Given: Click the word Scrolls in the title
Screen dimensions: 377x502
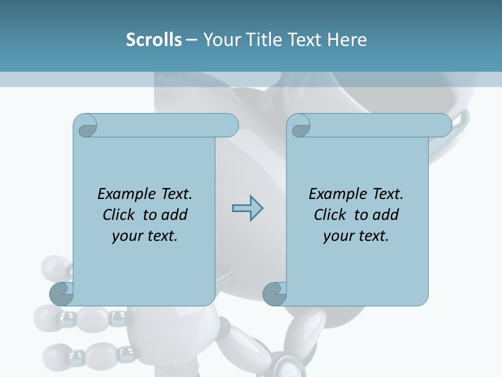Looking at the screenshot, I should pyautogui.click(x=154, y=40).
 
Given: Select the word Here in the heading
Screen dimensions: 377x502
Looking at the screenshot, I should pyautogui.click(x=347, y=40).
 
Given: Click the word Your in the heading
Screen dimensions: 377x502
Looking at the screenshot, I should pyautogui.click(x=220, y=40).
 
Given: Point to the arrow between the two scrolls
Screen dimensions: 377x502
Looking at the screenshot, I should pyautogui.click(x=247, y=208).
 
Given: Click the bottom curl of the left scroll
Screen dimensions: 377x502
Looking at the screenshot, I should pyautogui.click(x=62, y=295).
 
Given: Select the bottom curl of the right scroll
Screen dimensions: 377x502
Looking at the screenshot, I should pyautogui.click(x=275, y=295).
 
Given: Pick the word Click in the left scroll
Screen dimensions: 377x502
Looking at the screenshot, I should pyautogui.click(x=118, y=215).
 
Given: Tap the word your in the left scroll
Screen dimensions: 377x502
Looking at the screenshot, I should pyautogui.click(x=127, y=236).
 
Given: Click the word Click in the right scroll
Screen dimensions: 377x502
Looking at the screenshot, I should pyautogui.click(x=329, y=215).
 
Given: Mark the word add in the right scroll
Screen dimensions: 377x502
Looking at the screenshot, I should pyautogui.click(x=384, y=215).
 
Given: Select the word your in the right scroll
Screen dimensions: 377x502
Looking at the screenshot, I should pyautogui.click(x=338, y=236).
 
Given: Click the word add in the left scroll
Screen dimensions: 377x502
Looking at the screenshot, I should pyautogui.click(x=174, y=215).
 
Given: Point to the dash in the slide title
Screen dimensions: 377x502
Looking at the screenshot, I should pyautogui.click(x=191, y=40).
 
